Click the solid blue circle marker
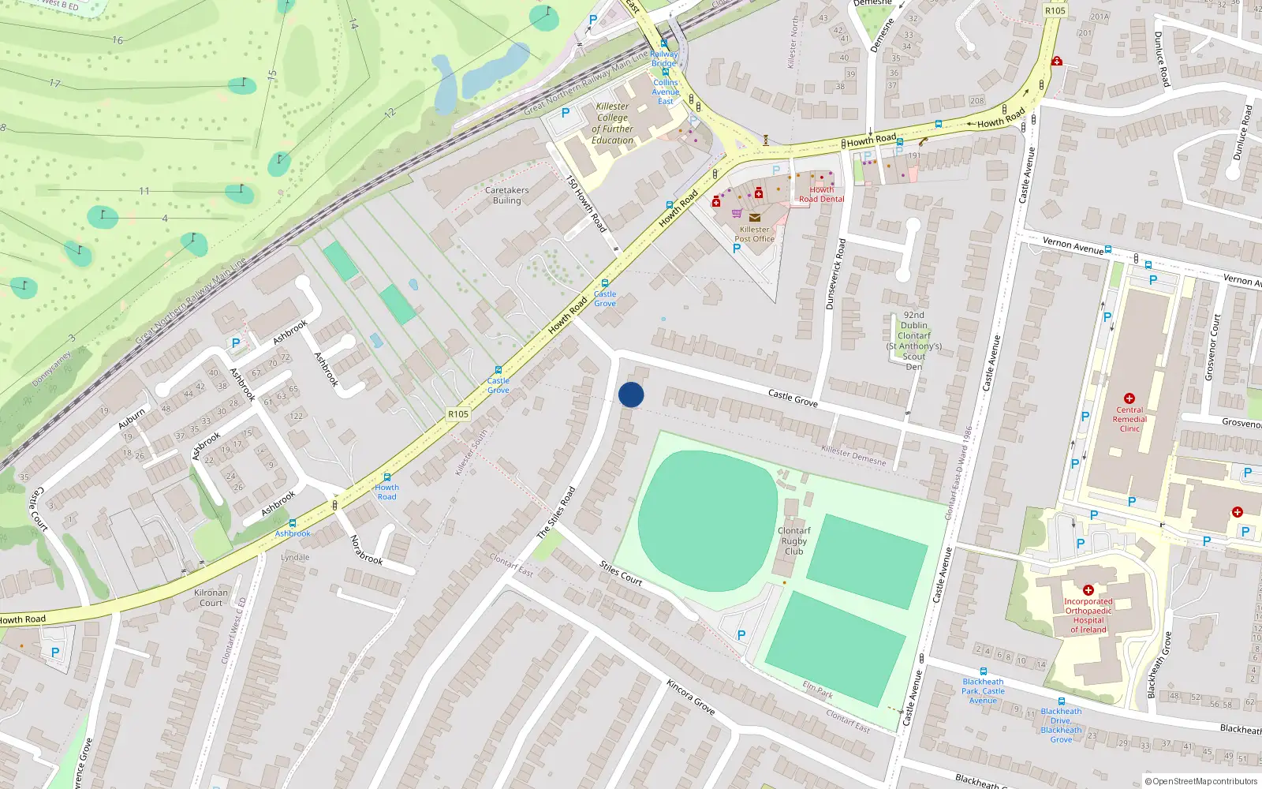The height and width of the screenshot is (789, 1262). pyautogui.click(x=631, y=394)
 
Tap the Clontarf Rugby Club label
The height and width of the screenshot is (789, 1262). pyautogui.click(x=794, y=540)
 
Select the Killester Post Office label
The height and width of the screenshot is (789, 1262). pyautogui.click(x=754, y=234)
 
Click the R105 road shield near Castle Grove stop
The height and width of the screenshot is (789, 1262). pyautogui.click(x=458, y=414)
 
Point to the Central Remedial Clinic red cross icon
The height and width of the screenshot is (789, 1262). pyautogui.click(x=1129, y=398)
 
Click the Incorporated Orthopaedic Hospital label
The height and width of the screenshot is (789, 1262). pyautogui.click(x=1088, y=615)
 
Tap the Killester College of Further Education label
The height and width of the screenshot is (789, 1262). pyautogui.click(x=613, y=124)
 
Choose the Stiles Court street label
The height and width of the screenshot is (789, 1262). pyautogui.click(x=621, y=573)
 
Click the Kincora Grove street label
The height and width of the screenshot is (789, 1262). pyautogui.click(x=690, y=697)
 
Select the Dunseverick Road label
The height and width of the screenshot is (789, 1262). pyautogui.click(x=835, y=274)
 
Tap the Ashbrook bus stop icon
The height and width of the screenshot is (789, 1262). pyautogui.click(x=293, y=523)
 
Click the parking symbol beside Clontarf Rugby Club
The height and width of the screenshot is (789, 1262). pyautogui.click(x=741, y=635)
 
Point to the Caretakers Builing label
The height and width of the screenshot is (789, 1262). pyautogui.click(x=507, y=195)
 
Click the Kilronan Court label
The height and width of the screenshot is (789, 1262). pyautogui.click(x=211, y=597)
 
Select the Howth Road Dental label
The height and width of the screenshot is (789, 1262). pyautogui.click(x=821, y=194)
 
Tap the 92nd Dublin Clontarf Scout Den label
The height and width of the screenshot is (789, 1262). pyautogui.click(x=914, y=341)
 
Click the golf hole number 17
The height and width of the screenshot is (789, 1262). pyautogui.click(x=54, y=83)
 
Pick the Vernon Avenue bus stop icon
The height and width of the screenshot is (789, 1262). pyautogui.click(x=1108, y=250)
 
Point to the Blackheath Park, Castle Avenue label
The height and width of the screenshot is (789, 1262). pyautogui.click(x=983, y=690)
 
